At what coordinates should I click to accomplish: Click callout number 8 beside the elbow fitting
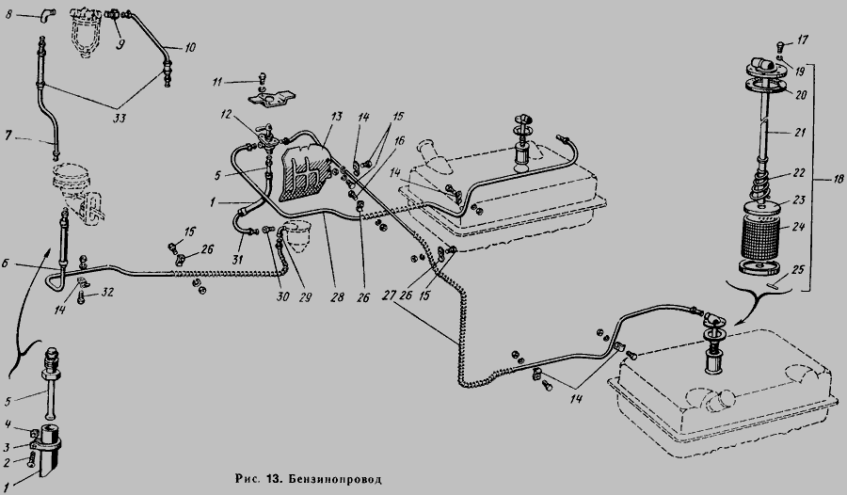click(x=8, y=14)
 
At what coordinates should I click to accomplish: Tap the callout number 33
click(x=119, y=118)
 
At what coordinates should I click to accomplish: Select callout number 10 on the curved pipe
click(x=190, y=48)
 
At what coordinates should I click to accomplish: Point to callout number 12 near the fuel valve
click(x=226, y=115)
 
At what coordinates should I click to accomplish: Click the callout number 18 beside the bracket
click(x=838, y=179)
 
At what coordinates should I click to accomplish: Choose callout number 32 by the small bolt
click(x=107, y=293)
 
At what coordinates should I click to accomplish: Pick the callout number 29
click(x=305, y=296)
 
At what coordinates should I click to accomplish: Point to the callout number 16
click(x=399, y=140)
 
